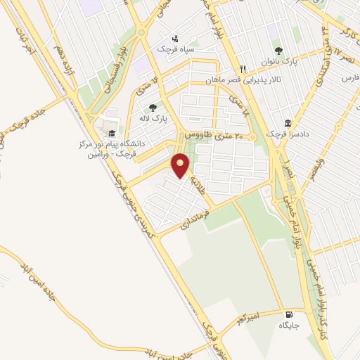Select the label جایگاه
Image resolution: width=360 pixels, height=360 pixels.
pyautogui.click(x=289, y=325)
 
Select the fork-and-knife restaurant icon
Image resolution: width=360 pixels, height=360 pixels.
pyautogui.click(x=243, y=69)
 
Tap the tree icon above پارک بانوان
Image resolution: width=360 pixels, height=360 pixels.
pyautogui.click(x=278, y=50)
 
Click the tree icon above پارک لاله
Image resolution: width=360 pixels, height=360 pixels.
pyautogui.click(x=153, y=108)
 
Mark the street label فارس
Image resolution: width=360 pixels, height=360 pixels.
pyautogui.click(x=349, y=78)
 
